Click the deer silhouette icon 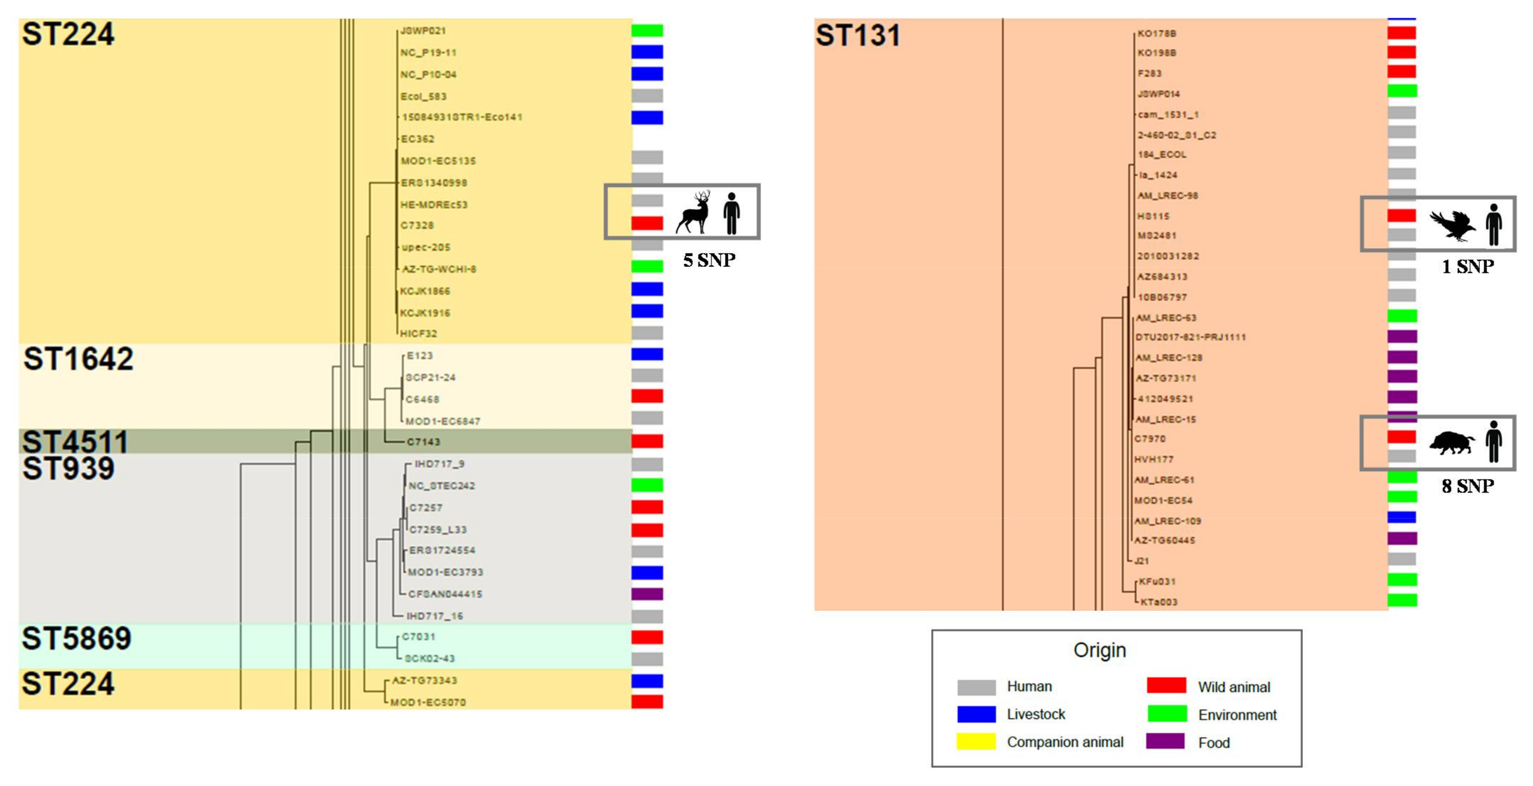(x=694, y=212)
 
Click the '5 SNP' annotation (x=709, y=260)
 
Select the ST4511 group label (x=75, y=441)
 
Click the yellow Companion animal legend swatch (x=976, y=741)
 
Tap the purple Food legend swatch (x=1166, y=741)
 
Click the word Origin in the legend (x=1099, y=650)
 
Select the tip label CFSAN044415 (x=445, y=594)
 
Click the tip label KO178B (x=1156, y=33)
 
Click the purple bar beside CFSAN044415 (x=647, y=594)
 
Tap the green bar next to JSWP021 (x=647, y=30)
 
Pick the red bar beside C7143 (x=647, y=441)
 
